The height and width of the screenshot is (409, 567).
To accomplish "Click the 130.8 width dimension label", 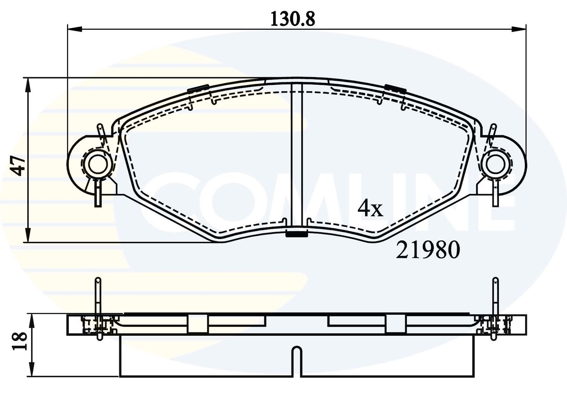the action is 293,19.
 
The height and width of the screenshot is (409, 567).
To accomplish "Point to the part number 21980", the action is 428,250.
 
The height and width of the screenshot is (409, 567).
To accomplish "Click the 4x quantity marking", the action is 370,209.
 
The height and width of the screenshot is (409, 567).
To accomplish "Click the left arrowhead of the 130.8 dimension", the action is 75,29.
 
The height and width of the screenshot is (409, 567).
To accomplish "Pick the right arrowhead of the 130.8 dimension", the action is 519,29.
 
